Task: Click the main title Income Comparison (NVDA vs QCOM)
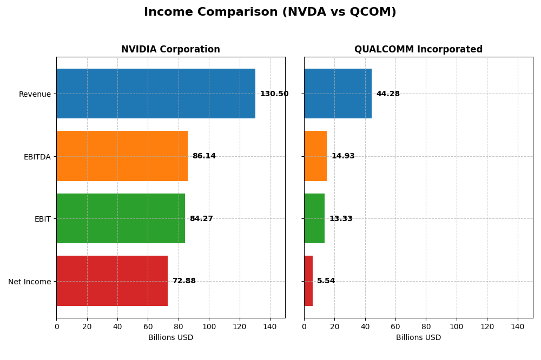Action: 270,12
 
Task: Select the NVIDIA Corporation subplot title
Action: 170,49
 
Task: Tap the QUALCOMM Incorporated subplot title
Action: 418,49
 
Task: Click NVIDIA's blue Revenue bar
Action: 156,94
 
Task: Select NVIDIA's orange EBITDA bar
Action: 122,156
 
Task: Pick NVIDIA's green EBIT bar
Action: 121,218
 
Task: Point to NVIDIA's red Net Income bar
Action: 112,281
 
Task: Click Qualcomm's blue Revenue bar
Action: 338,94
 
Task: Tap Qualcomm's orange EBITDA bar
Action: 315,156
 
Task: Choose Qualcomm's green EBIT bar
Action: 314,218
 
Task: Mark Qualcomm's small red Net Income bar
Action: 308,281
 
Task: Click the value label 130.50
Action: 274,94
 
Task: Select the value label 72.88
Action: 184,281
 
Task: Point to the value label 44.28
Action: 388,94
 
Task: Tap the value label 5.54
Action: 326,281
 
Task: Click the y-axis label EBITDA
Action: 37,157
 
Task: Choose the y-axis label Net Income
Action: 29,282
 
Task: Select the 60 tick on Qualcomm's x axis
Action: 395,326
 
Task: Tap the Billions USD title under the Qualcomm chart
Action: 418,338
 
